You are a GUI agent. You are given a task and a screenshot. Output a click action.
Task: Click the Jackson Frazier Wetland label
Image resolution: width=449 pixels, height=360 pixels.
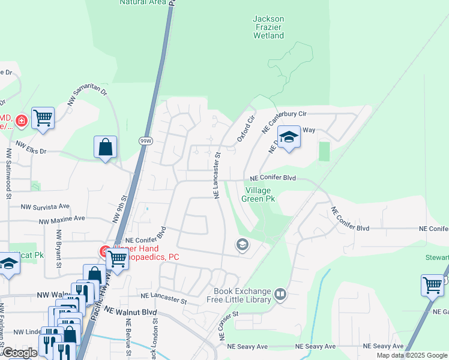pyautogui.click(x=268, y=27)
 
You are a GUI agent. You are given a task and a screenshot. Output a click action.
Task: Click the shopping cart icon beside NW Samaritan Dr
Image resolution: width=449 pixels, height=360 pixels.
pyautogui.click(x=43, y=118)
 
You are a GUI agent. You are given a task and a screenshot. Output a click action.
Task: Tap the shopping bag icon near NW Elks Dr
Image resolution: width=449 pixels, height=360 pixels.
pyautogui.click(x=105, y=147)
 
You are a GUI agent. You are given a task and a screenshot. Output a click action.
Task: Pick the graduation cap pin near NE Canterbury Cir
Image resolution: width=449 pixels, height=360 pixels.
pyautogui.click(x=289, y=138)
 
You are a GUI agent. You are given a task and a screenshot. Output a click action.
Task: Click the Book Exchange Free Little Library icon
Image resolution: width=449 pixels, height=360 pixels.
pyautogui.click(x=280, y=294)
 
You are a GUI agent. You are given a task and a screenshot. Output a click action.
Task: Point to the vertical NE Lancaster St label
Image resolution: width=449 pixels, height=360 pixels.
pyautogui.click(x=217, y=175)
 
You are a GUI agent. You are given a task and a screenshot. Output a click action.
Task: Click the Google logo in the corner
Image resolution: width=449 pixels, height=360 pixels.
pyautogui.click(x=20, y=353)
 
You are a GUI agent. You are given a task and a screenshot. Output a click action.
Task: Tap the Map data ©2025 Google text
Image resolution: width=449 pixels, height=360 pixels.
pyautogui.click(x=412, y=355)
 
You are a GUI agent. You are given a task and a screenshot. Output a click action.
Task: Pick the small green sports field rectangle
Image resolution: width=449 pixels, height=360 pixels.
pyautogui.click(x=325, y=151)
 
